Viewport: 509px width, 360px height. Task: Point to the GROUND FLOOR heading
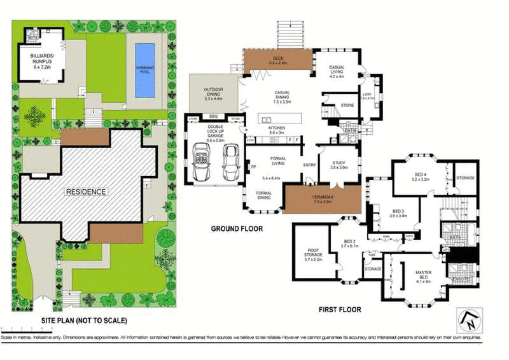click(x=236, y=228)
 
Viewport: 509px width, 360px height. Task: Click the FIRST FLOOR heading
click(x=340, y=310)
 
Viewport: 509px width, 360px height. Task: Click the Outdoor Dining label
click(x=213, y=93)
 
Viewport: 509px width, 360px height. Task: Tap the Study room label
click(x=338, y=165)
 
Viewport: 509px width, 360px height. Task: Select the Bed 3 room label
click(x=398, y=213)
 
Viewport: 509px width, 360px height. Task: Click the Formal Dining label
click(x=265, y=195)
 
